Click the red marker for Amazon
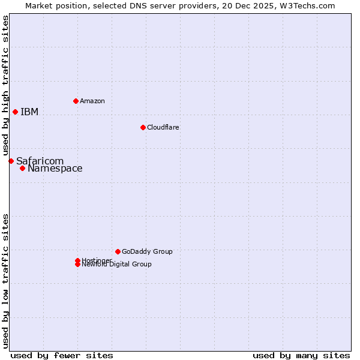pos(76,101)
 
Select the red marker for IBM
pos(15,112)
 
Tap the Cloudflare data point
pos(143,127)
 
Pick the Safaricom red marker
pos(11,161)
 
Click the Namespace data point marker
pos(22,168)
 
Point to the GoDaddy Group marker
pos(118,251)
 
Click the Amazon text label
pos(92,101)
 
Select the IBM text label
pos(29,112)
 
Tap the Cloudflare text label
pos(163,127)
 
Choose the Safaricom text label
pos(40,161)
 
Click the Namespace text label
pos(55,169)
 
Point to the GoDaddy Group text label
pos(147,251)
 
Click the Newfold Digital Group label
pos(116,265)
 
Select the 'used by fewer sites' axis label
pos(62,355)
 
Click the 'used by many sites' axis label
pos(301,355)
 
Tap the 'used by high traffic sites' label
pos(6,85)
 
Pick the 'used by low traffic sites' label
pos(6,280)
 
